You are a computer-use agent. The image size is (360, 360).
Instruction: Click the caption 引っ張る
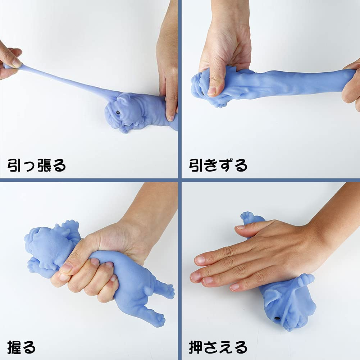(37, 165)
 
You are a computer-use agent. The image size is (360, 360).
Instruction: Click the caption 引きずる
(218, 165)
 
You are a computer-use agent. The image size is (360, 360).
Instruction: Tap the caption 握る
(22, 347)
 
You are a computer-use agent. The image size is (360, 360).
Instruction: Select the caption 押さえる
(218, 347)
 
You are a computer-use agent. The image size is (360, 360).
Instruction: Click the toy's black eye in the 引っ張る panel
(118, 113)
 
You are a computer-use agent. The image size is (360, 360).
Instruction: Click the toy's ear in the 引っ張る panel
(123, 100)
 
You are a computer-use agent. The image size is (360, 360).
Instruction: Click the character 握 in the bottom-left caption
(14, 347)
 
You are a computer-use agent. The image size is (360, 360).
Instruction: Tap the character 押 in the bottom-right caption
(196, 347)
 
